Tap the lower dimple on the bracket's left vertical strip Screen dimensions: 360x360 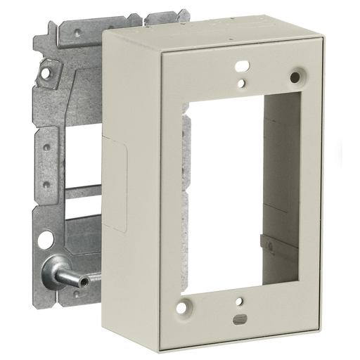[46, 184]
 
